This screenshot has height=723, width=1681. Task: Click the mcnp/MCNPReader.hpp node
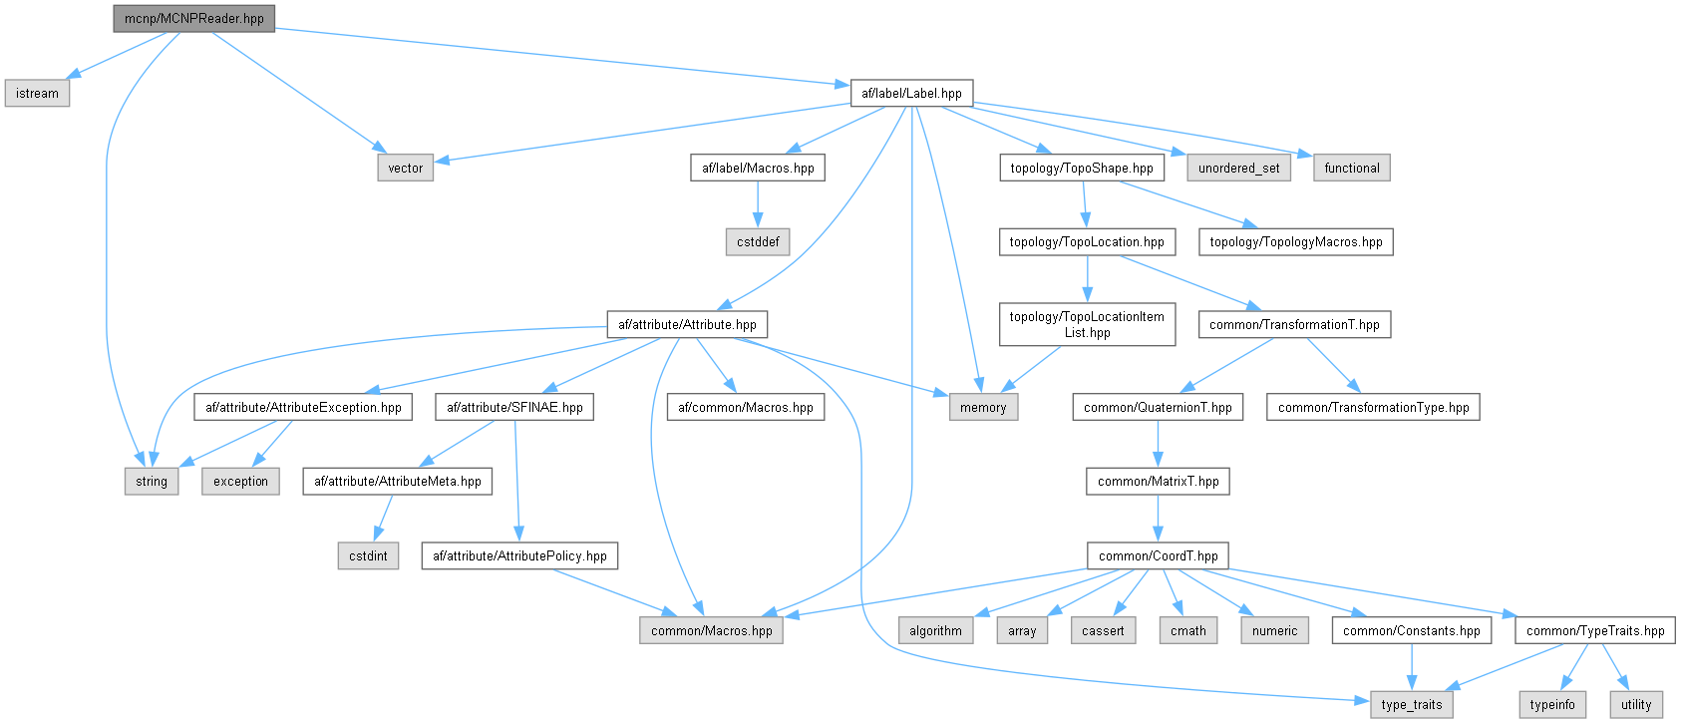coord(193,18)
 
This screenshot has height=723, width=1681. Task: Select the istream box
coord(37,94)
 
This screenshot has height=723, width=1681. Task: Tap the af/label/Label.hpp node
coord(911,94)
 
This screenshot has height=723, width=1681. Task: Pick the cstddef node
coord(758,242)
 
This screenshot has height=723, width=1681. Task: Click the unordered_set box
coord(1238,169)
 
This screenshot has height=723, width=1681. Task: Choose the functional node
coord(1352,169)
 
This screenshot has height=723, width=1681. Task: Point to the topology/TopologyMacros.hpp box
coord(1295,242)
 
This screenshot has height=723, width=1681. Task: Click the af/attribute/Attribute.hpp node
coord(687,325)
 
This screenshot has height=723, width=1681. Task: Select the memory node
coord(983,408)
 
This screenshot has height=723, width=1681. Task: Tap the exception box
coord(240,482)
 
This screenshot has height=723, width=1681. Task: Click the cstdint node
coord(368,556)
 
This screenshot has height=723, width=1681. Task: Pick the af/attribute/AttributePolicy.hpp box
coord(519,556)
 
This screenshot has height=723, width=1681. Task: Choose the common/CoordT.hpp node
coord(1158,556)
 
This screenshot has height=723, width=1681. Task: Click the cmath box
coord(1187,631)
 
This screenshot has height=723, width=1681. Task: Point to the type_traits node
coord(1411,705)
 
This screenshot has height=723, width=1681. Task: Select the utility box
coord(1635,705)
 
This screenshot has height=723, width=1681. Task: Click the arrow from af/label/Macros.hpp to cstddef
coord(758,205)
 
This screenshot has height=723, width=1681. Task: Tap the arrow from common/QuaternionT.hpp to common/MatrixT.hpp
coord(1158,444)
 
